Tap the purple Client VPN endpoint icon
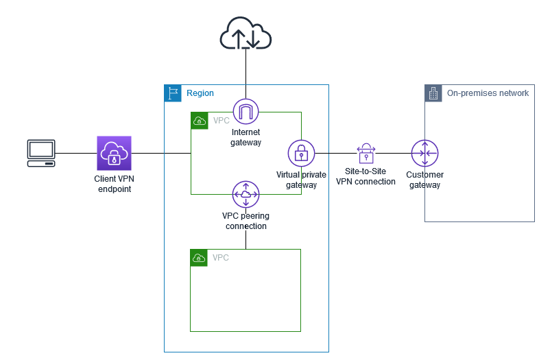(x=115, y=152)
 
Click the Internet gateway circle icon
(x=245, y=112)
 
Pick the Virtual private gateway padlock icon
(x=301, y=153)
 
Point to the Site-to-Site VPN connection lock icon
(x=366, y=153)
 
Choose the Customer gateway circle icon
(x=424, y=153)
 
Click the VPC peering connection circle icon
(x=245, y=195)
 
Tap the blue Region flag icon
(x=172, y=93)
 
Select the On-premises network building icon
(x=433, y=93)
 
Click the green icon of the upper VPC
(x=199, y=120)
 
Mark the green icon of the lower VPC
(x=199, y=257)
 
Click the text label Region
(x=200, y=93)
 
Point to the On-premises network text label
(x=488, y=93)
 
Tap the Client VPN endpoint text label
(x=114, y=184)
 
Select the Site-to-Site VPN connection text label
(x=366, y=176)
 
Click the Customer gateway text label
(x=424, y=180)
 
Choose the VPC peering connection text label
(x=245, y=220)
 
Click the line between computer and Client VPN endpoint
(x=76, y=153)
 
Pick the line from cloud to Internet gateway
(x=245, y=75)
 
